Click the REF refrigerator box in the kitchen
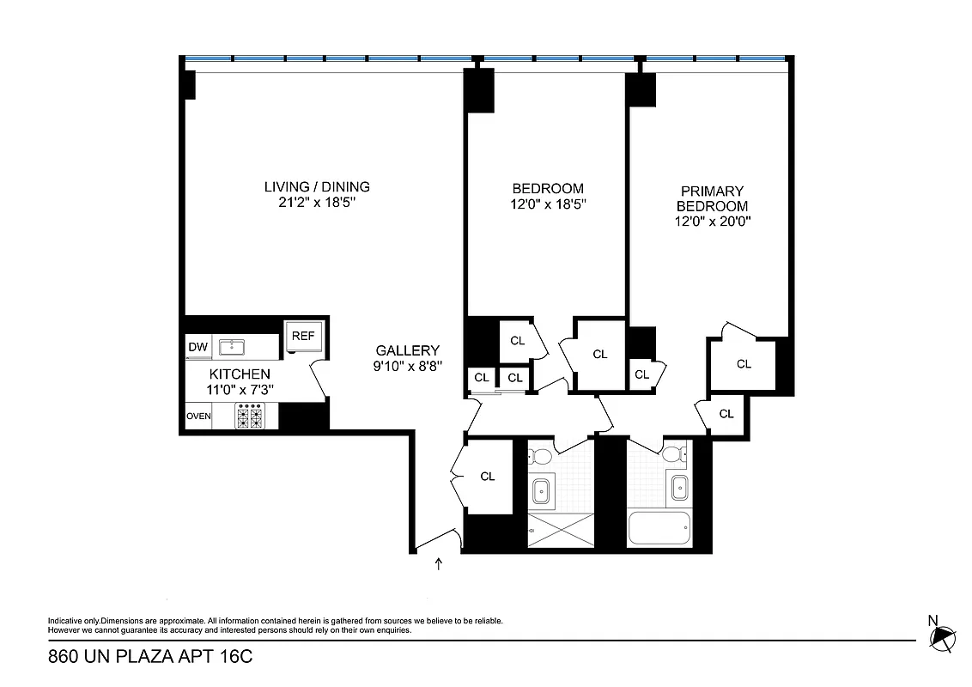point(302,337)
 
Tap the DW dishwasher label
point(197,347)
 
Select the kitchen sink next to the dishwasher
point(232,347)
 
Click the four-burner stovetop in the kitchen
point(250,417)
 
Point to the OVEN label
point(198,416)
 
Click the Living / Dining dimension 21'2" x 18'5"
point(317,204)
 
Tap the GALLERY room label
point(407,350)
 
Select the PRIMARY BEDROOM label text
point(713,198)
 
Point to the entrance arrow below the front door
point(440,564)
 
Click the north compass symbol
point(943,635)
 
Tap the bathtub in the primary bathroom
point(659,528)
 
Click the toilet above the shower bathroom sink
point(542,454)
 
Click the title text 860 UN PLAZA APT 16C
point(150,658)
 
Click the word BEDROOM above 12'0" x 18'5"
point(548,189)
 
